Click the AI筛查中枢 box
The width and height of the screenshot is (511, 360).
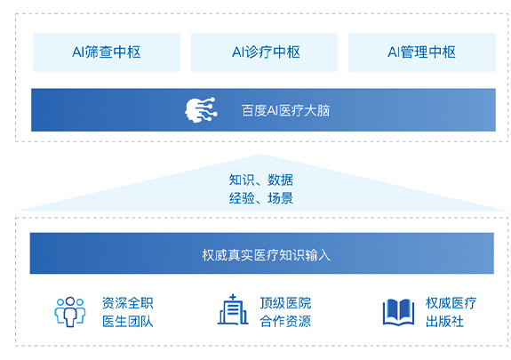[x=107, y=52]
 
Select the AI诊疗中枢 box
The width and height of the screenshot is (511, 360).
[x=264, y=52]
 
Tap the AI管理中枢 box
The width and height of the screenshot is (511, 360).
[x=422, y=52]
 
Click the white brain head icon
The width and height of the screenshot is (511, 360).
[x=201, y=110]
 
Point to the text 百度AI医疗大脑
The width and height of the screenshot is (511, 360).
[x=285, y=110]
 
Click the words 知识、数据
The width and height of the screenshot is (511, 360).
[x=260, y=180]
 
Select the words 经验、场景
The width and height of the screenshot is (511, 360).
[x=260, y=198]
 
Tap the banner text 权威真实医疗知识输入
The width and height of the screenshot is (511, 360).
[x=266, y=255]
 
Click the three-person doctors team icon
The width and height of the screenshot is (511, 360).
[x=70, y=311]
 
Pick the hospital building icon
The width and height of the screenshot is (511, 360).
[x=233, y=309]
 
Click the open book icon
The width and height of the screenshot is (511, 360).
[x=398, y=312]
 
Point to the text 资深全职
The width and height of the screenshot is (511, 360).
[x=127, y=303]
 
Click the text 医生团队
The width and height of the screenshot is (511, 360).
[x=127, y=321]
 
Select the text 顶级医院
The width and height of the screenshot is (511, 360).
[x=285, y=303]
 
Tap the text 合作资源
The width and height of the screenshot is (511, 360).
[x=285, y=321]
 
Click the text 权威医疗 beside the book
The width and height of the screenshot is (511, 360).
[x=451, y=303]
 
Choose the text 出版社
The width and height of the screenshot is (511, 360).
[x=444, y=321]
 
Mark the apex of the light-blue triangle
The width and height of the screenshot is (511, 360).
[x=260, y=155]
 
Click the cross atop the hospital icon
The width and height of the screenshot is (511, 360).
[x=232, y=297]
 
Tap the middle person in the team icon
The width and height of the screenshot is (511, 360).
[x=70, y=312]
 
